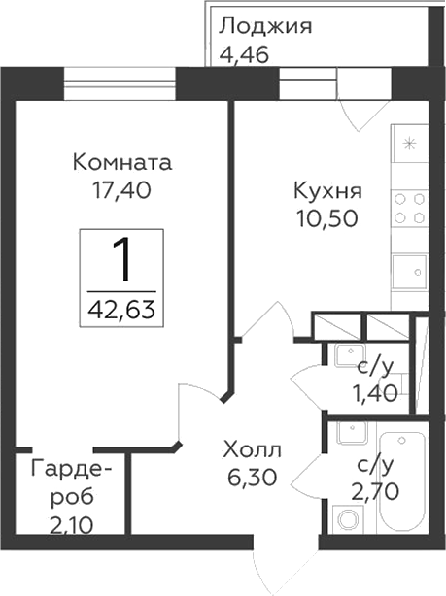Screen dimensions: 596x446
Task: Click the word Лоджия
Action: (265, 25)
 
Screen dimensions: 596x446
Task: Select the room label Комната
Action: (122, 162)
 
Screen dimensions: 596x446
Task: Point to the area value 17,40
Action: (122, 191)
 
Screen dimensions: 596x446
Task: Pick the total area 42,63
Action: (121, 312)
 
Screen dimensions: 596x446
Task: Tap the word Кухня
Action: (327, 189)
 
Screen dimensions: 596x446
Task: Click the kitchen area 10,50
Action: (327, 218)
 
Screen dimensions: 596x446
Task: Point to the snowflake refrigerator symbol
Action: (409, 146)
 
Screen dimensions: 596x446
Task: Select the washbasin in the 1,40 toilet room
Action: (348, 355)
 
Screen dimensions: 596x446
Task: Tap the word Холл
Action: (252, 449)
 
